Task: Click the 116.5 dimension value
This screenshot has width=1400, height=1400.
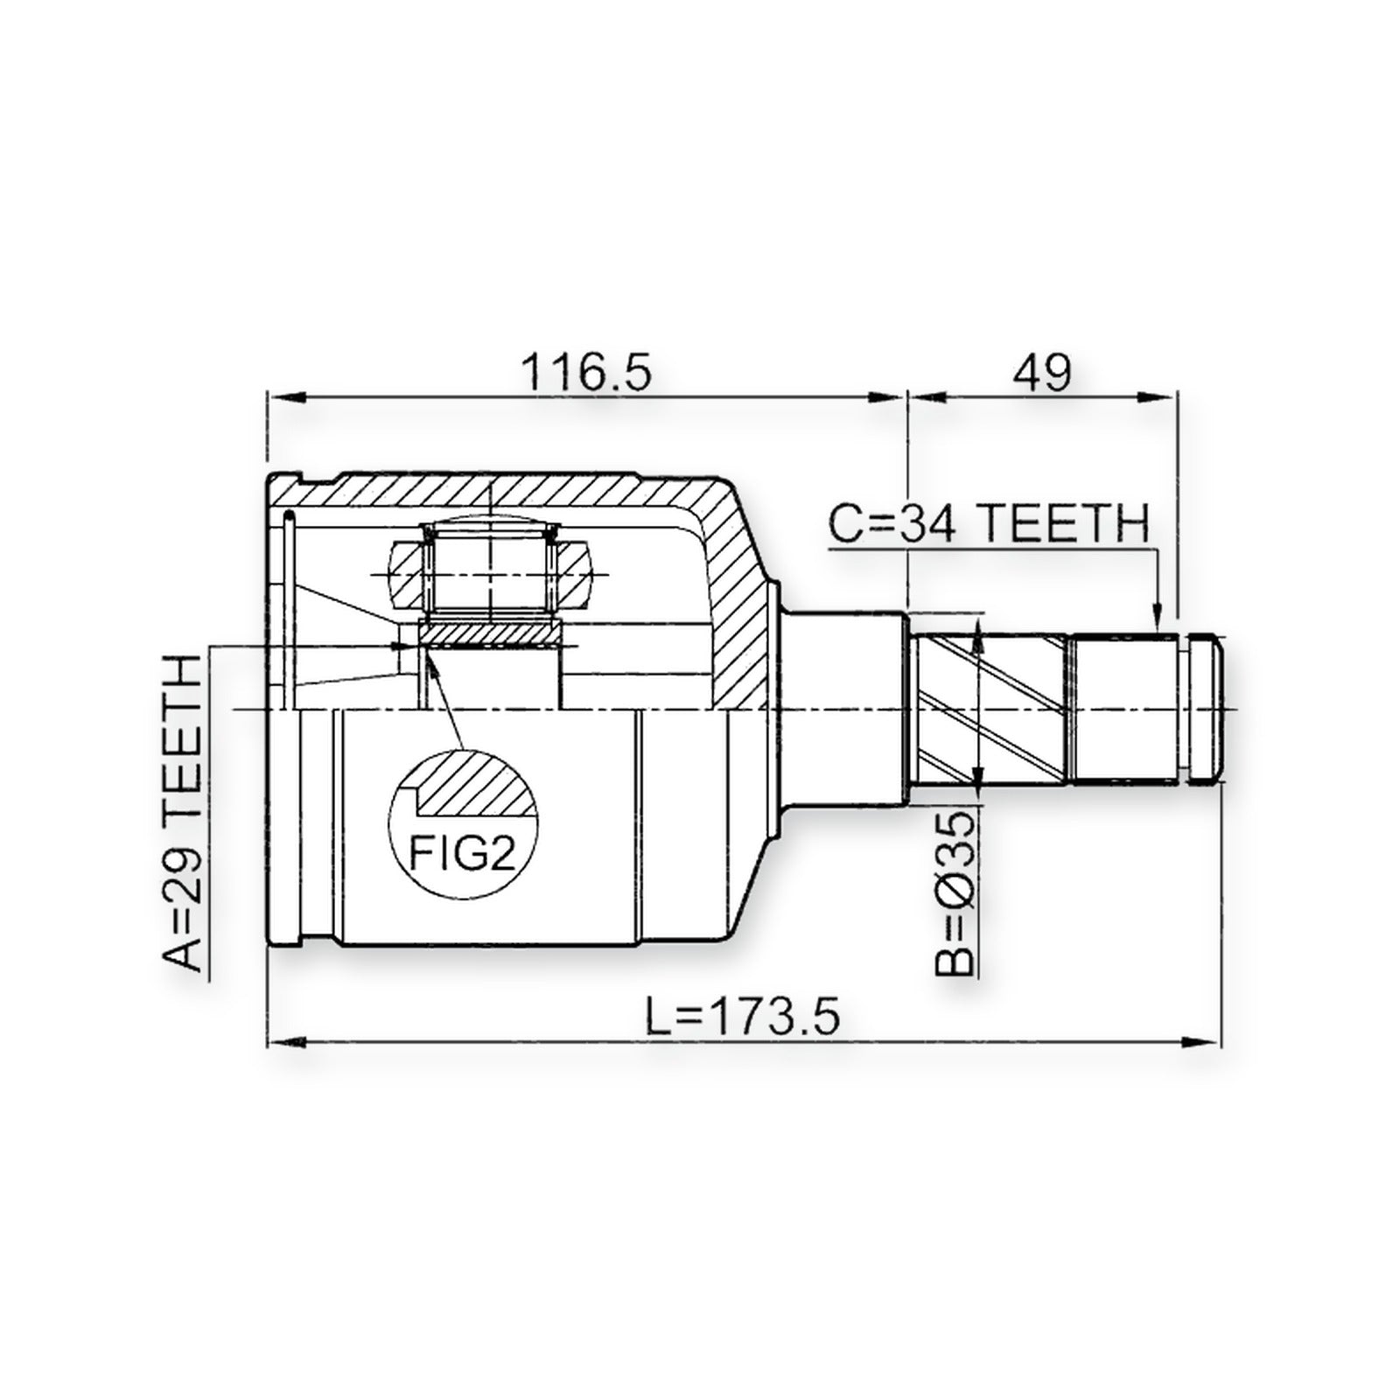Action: tap(587, 373)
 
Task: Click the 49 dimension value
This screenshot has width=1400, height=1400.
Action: tap(1041, 373)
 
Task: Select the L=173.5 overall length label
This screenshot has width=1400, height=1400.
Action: tap(743, 1017)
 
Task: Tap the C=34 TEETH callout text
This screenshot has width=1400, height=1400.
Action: tap(988, 524)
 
